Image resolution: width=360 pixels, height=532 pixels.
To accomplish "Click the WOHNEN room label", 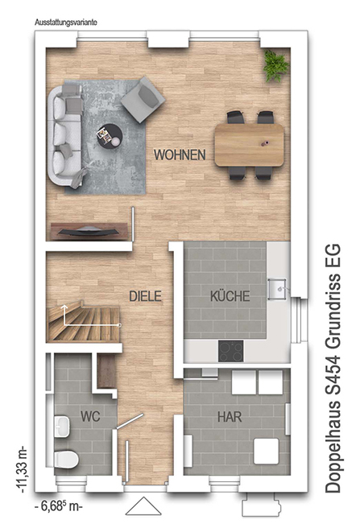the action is coord(180,155).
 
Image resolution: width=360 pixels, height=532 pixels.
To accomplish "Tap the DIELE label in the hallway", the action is coord(145,296).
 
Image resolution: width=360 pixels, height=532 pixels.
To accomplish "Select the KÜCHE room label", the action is coord(230,296).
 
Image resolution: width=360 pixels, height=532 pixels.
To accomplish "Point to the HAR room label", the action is coord(230,417).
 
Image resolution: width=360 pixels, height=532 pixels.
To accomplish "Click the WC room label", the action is coord(90,416).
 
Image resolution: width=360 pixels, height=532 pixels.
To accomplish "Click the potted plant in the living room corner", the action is coord(275,66).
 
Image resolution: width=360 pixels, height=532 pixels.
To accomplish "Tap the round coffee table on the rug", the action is coord(110,136).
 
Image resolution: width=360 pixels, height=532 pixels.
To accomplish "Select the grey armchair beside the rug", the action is coord(143,100).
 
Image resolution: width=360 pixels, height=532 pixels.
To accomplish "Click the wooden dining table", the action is coord(250,145).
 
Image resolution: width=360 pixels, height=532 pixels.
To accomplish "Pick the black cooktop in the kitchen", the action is coord(230,351).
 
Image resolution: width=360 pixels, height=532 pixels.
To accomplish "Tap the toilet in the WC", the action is coord(67,459).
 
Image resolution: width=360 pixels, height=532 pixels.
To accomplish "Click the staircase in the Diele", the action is coord(83,321).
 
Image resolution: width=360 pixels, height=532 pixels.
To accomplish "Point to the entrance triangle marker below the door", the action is coord(143,506).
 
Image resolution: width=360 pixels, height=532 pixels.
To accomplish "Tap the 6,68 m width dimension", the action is coord(59,506).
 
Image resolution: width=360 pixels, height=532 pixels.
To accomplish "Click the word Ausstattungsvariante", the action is coord(66,23).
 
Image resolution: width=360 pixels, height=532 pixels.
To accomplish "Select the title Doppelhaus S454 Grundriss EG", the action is coord(333,368).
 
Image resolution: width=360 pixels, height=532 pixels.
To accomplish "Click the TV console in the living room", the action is coord(89,231).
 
